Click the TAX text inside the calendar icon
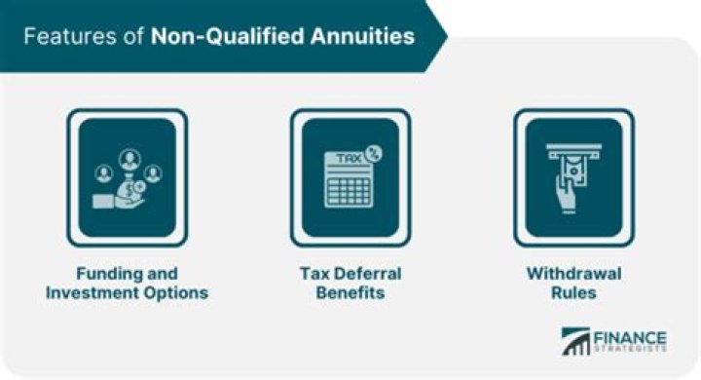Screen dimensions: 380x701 (x=345, y=159)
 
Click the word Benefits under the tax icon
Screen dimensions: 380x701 (x=350, y=292)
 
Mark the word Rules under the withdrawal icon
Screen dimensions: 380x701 (x=574, y=292)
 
